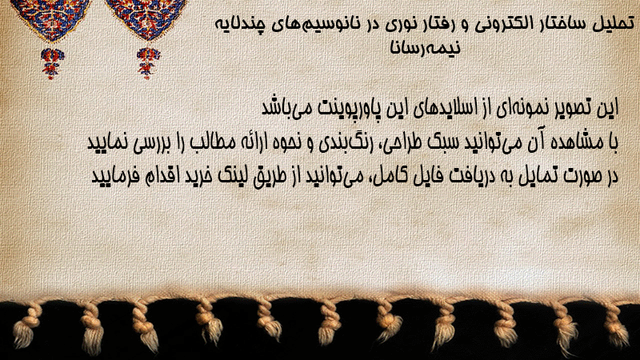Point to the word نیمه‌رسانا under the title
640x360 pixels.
coord(425,47)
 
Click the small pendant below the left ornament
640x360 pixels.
coord(52,63)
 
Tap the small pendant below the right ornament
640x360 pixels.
coord(148,63)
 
